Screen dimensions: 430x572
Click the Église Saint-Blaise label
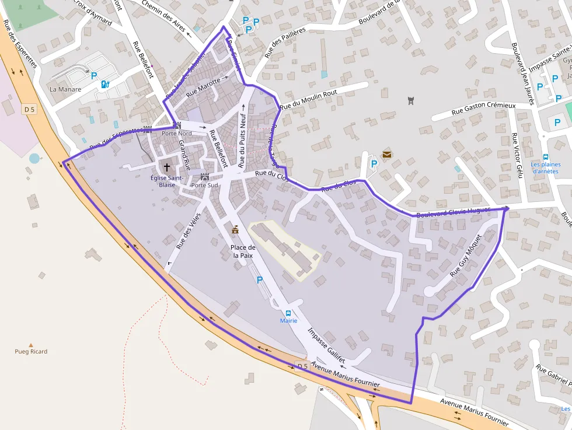pyautogui.click(x=167, y=181)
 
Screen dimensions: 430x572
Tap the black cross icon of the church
pyautogui.click(x=167, y=167)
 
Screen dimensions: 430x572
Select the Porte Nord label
pyautogui.click(x=176, y=134)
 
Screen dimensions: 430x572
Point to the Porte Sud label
pyautogui.click(x=204, y=186)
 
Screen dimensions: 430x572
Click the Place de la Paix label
pyautogui.click(x=243, y=251)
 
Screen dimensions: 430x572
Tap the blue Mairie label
pyautogui.click(x=288, y=321)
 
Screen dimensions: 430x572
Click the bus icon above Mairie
pyautogui.click(x=288, y=313)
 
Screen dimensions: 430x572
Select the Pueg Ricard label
pyautogui.click(x=31, y=352)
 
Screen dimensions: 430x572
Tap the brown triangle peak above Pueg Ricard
pyautogui.click(x=31, y=345)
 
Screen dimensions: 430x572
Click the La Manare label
pyautogui.click(x=65, y=89)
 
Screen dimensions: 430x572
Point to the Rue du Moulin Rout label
pyautogui.click(x=308, y=100)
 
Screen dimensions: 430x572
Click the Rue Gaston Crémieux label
pyautogui.click(x=484, y=109)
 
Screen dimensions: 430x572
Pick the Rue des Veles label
pyautogui.click(x=188, y=234)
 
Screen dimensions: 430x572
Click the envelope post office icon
pyautogui.click(x=387, y=154)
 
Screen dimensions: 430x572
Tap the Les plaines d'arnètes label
pyautogui.click(x=545, y=168)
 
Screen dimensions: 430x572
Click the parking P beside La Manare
pyautogui.click(x=94, y=75)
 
